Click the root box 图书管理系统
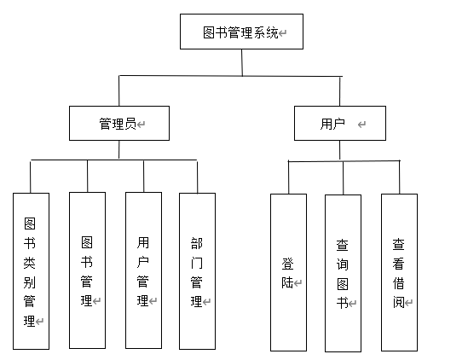pos(241,32)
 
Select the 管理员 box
pos(119,123)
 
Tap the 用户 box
pos(340,123)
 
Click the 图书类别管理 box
pos(31,271)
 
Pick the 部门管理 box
pos(197,271)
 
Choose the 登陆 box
pos(288,272)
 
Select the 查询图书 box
pos(343,273)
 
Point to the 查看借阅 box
pos(399,272)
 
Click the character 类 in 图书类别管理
pos(30,263)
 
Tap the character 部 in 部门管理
pos(197,243)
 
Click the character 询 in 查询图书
pos(343,264)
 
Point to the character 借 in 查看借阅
pos(399,283)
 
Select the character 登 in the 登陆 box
pos(288,264)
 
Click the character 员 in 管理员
pos(130,124)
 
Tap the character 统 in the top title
pos(273,32)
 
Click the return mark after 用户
pos(361,125)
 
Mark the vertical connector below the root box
pos(242,62)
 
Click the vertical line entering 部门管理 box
pos(197,177)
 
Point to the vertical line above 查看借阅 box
pos(399,177)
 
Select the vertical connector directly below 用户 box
pos(339,151)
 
